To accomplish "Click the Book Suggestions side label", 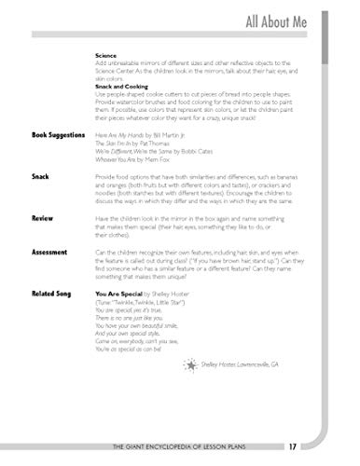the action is point(53,135).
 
